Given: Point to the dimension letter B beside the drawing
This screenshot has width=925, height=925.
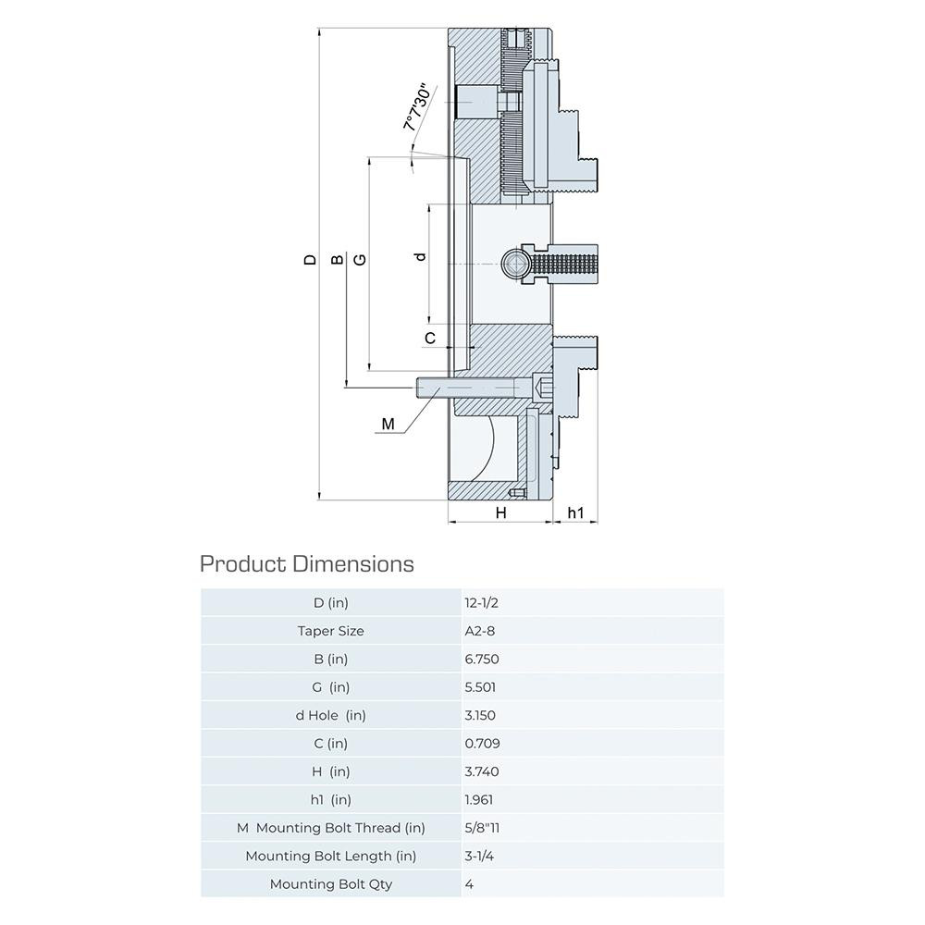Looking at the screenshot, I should coord(338,260).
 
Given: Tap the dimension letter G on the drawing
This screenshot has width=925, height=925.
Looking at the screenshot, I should coord(360,260).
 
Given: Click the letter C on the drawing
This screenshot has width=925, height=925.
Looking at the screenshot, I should coord(430,339).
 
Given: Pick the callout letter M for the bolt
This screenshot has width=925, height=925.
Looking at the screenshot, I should coord(388,425).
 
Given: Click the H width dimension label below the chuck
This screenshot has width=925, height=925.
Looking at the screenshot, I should coord(500,512).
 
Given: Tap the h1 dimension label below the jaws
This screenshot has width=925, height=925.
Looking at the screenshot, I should coord(575,512).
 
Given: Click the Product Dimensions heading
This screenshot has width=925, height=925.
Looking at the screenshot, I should coord(307,563).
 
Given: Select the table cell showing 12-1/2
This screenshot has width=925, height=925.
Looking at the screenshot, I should coord(481,603).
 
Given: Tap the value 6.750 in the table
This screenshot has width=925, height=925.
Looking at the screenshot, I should coord(481,660).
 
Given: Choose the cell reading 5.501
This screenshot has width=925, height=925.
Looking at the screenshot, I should coord(481,687).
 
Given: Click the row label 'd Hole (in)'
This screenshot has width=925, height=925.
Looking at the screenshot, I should coord(330,715).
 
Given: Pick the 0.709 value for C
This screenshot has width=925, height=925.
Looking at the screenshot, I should coord(481,743).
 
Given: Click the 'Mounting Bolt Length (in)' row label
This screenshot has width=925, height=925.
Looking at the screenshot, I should coord(330,856).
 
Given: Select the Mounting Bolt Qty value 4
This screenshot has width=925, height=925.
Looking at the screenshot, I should coord(470,884).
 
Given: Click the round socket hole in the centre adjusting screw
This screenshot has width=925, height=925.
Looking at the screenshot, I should coord(512,264).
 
